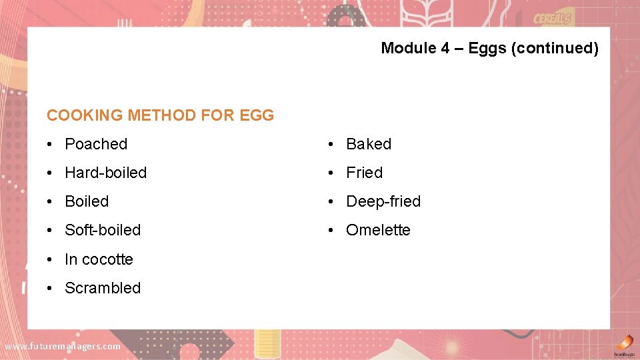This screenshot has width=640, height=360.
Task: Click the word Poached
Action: tap(96, 144)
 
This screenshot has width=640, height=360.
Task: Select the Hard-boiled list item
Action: tap(105, 173)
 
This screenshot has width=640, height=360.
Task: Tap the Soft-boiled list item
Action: tap(103, 230)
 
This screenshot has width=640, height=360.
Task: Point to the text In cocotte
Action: tap(99, 259)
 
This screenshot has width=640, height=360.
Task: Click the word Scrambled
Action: tap(103, 288)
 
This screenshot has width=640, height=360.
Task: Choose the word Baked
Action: tap(369, 144)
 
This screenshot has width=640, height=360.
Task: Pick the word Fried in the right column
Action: tap(364, 173)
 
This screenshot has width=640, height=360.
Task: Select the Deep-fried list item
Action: tap(383, 201)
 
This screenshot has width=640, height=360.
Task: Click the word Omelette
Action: tap(378, 230)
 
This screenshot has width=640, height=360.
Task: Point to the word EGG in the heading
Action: tap(257, 115)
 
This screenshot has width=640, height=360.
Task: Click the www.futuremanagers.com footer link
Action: tap(63, 346)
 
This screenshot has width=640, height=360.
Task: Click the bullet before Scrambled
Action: tap(51, 289)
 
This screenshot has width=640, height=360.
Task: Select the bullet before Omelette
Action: tap(332, 231)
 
